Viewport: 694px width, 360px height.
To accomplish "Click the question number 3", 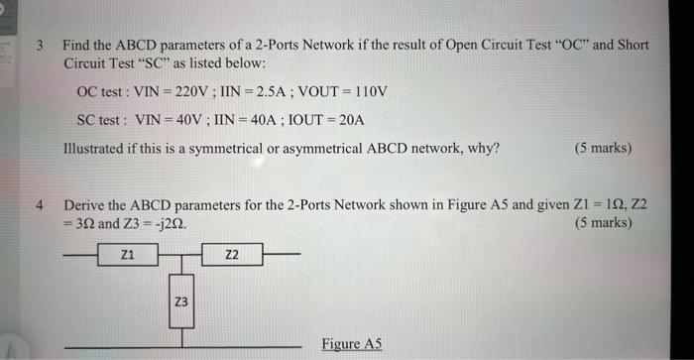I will [x=38, y=45].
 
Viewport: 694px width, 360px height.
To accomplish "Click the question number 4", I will [x=39, y=205].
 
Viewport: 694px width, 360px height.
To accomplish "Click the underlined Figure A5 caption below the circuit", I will [x=352, y=344].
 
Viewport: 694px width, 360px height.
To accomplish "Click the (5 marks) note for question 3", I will [x=602, y=149].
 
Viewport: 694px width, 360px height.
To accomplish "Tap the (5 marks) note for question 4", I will [x=602, y=223].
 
